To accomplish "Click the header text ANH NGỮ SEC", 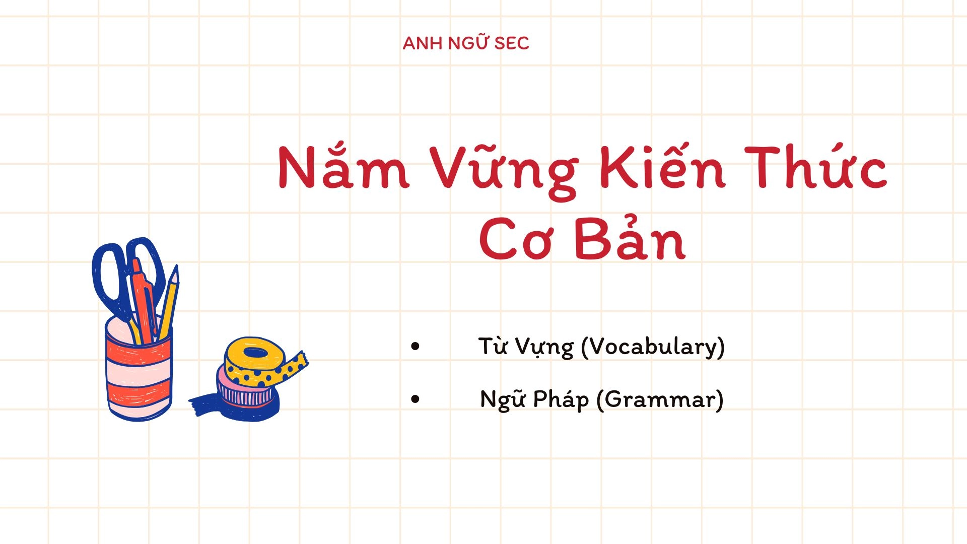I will [466, 44].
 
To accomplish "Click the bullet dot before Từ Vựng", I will [415, 347].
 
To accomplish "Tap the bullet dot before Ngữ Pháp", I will [415, 399].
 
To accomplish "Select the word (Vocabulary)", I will [653, 347].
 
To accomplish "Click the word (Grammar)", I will [660, 400].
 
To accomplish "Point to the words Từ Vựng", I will [526, 347].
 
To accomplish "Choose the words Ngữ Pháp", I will [534, 400].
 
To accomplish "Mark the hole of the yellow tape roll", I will [256, 352].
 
